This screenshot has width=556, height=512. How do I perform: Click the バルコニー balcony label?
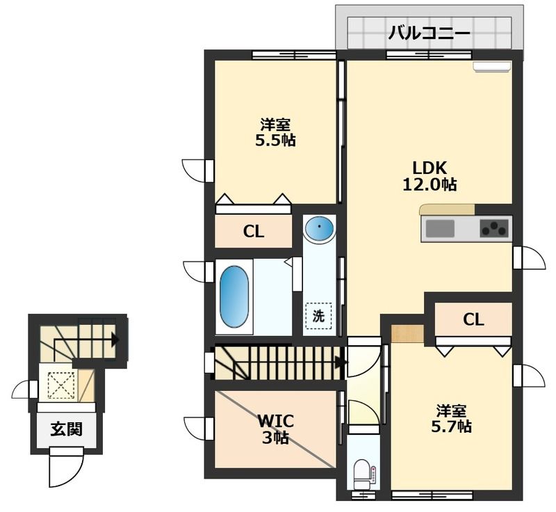[429, 33]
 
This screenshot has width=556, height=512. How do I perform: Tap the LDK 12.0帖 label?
[429, 176]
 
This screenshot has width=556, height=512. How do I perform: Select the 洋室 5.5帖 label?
[275, 133]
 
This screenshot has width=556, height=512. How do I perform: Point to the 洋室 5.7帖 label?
[451, 419]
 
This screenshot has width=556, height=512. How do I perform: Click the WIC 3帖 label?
[275, 430]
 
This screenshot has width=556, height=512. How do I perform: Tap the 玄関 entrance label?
[66, 429]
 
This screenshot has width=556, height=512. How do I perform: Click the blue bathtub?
[234, 296]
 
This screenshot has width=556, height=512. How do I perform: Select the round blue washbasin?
[320, 227]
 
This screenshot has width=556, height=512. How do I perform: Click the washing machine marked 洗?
[319, 316]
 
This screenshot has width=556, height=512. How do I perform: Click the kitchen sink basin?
[440, 228]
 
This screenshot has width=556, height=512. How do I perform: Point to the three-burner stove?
[494, 228]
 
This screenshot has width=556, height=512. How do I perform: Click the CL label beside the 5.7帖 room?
[473, 320]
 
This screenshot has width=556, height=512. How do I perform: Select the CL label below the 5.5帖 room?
[254, 232]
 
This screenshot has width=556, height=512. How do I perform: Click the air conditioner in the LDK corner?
[492, 67]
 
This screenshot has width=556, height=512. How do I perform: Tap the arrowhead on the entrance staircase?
[115, 340]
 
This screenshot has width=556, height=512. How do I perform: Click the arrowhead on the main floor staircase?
[341, 362]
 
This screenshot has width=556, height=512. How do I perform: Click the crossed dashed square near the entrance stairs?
[61, 385]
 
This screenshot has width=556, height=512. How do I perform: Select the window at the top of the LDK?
[429, 55]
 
